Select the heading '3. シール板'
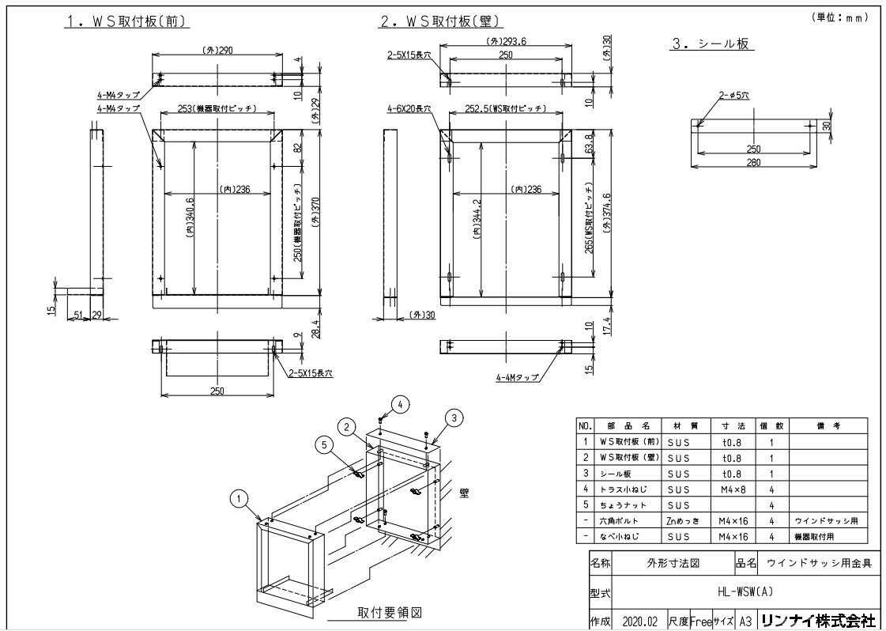tap(710, 45)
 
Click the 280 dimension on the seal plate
tap(754, 162)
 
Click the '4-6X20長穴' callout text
tap(408, 108)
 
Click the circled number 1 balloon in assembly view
tap(238, 497)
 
